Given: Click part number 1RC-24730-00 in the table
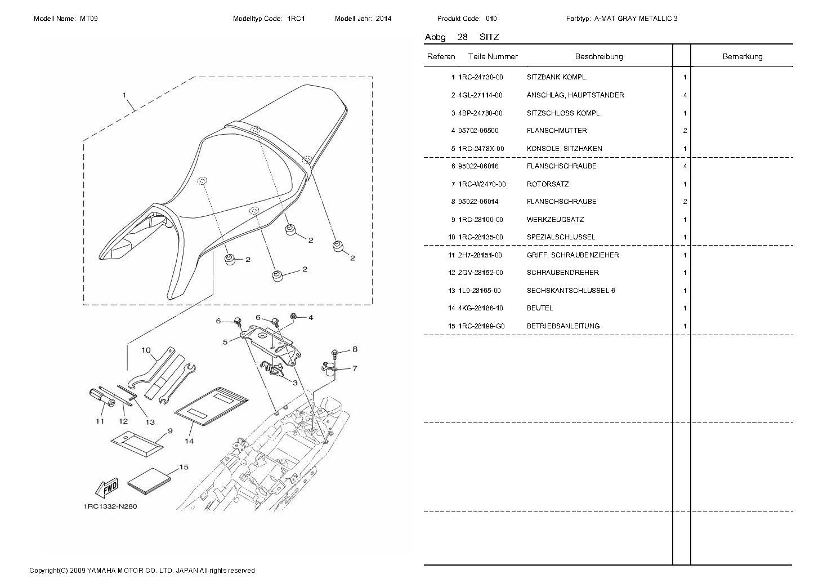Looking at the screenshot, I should pyautogui.click(x=481, y=77).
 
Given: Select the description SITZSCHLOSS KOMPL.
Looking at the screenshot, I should pyautogui.click(x=564, y=113).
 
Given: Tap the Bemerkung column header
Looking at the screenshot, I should pyautogui.click(x=742, y=56).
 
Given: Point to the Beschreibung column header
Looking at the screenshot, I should pyautogui.click(x=598, y=56).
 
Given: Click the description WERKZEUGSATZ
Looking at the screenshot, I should pyautogui.click(x=554, y=220).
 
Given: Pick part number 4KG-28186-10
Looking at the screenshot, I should pyautogui.click(x=481, y=308).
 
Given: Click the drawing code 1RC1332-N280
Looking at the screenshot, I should pyautogui.click(x=110, y=506).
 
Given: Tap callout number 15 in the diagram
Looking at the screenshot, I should pyautogui.click(x=184, y=468).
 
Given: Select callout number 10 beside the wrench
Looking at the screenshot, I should pyautogui.click(x=146, y=350).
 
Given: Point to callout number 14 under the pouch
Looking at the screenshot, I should pyautogui.click(x=189, y=441).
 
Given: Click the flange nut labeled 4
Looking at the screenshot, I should pyautogui.click(x=294, y=317).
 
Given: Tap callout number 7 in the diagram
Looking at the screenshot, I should pyautogui.click(x=355, y=368).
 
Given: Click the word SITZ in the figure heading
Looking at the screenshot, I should pyautogui.click(x=489, y=37).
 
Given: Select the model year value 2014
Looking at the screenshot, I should pyautogui.click(x=383, y=19).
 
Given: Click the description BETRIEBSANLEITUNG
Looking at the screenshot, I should pyautogui.click(x=563, y=326).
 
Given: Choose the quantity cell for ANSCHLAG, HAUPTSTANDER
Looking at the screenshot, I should pyautogui.click(x=685, y=95).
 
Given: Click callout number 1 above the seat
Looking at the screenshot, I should pyautogui.click(x=124, y=96).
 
